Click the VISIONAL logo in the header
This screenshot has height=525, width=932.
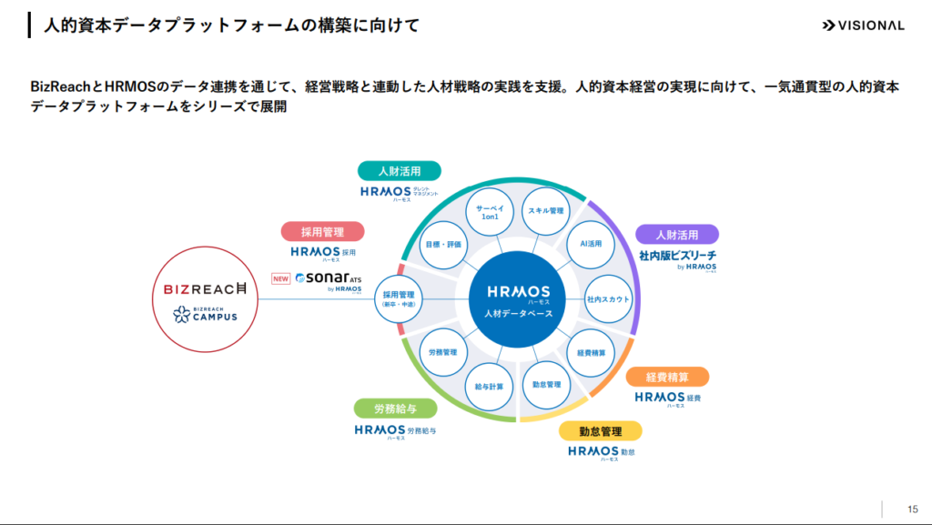pos(862,25)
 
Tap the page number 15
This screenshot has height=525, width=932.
pos(912,508)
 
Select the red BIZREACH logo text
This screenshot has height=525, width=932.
pos(205,289)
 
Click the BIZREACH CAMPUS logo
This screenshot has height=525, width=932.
pos(205,315)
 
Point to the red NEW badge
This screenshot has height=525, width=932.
pos(281,278)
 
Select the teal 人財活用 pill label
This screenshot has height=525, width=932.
pos(399,171)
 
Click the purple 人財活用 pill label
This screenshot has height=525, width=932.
pos(676,234)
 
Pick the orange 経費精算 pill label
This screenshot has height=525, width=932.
pos(667,377)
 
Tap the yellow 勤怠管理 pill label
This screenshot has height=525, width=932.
pos(600,430)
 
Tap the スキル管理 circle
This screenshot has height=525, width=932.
pos(546,211)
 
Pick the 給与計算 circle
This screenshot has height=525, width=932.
pos(489,386)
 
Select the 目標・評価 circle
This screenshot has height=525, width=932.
pos(443,245)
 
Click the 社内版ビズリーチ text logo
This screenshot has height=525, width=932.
pos(676,257)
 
